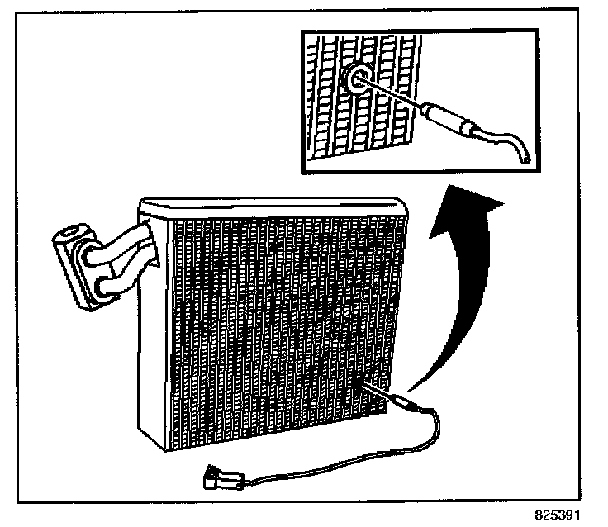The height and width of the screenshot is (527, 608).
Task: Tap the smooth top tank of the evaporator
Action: tap(273, 207)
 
